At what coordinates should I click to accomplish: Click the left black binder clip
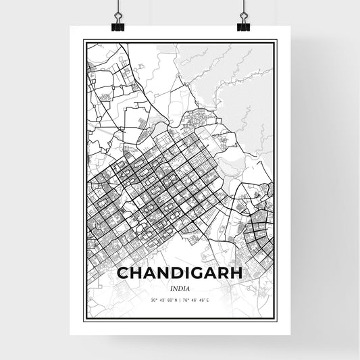[118, 26]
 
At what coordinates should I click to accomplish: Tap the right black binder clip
[242, 26]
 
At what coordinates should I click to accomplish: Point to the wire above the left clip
[118, 8]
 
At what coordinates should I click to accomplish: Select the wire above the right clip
[242, 8]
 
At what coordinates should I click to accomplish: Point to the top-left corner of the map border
[84, 41]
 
